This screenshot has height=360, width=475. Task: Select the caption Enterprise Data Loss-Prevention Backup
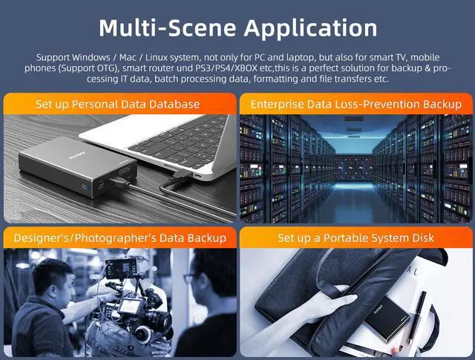click(x=356, y=104)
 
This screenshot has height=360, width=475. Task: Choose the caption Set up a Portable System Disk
click(x=356, y=238)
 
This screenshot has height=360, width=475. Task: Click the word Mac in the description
click(x=129, y=57)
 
